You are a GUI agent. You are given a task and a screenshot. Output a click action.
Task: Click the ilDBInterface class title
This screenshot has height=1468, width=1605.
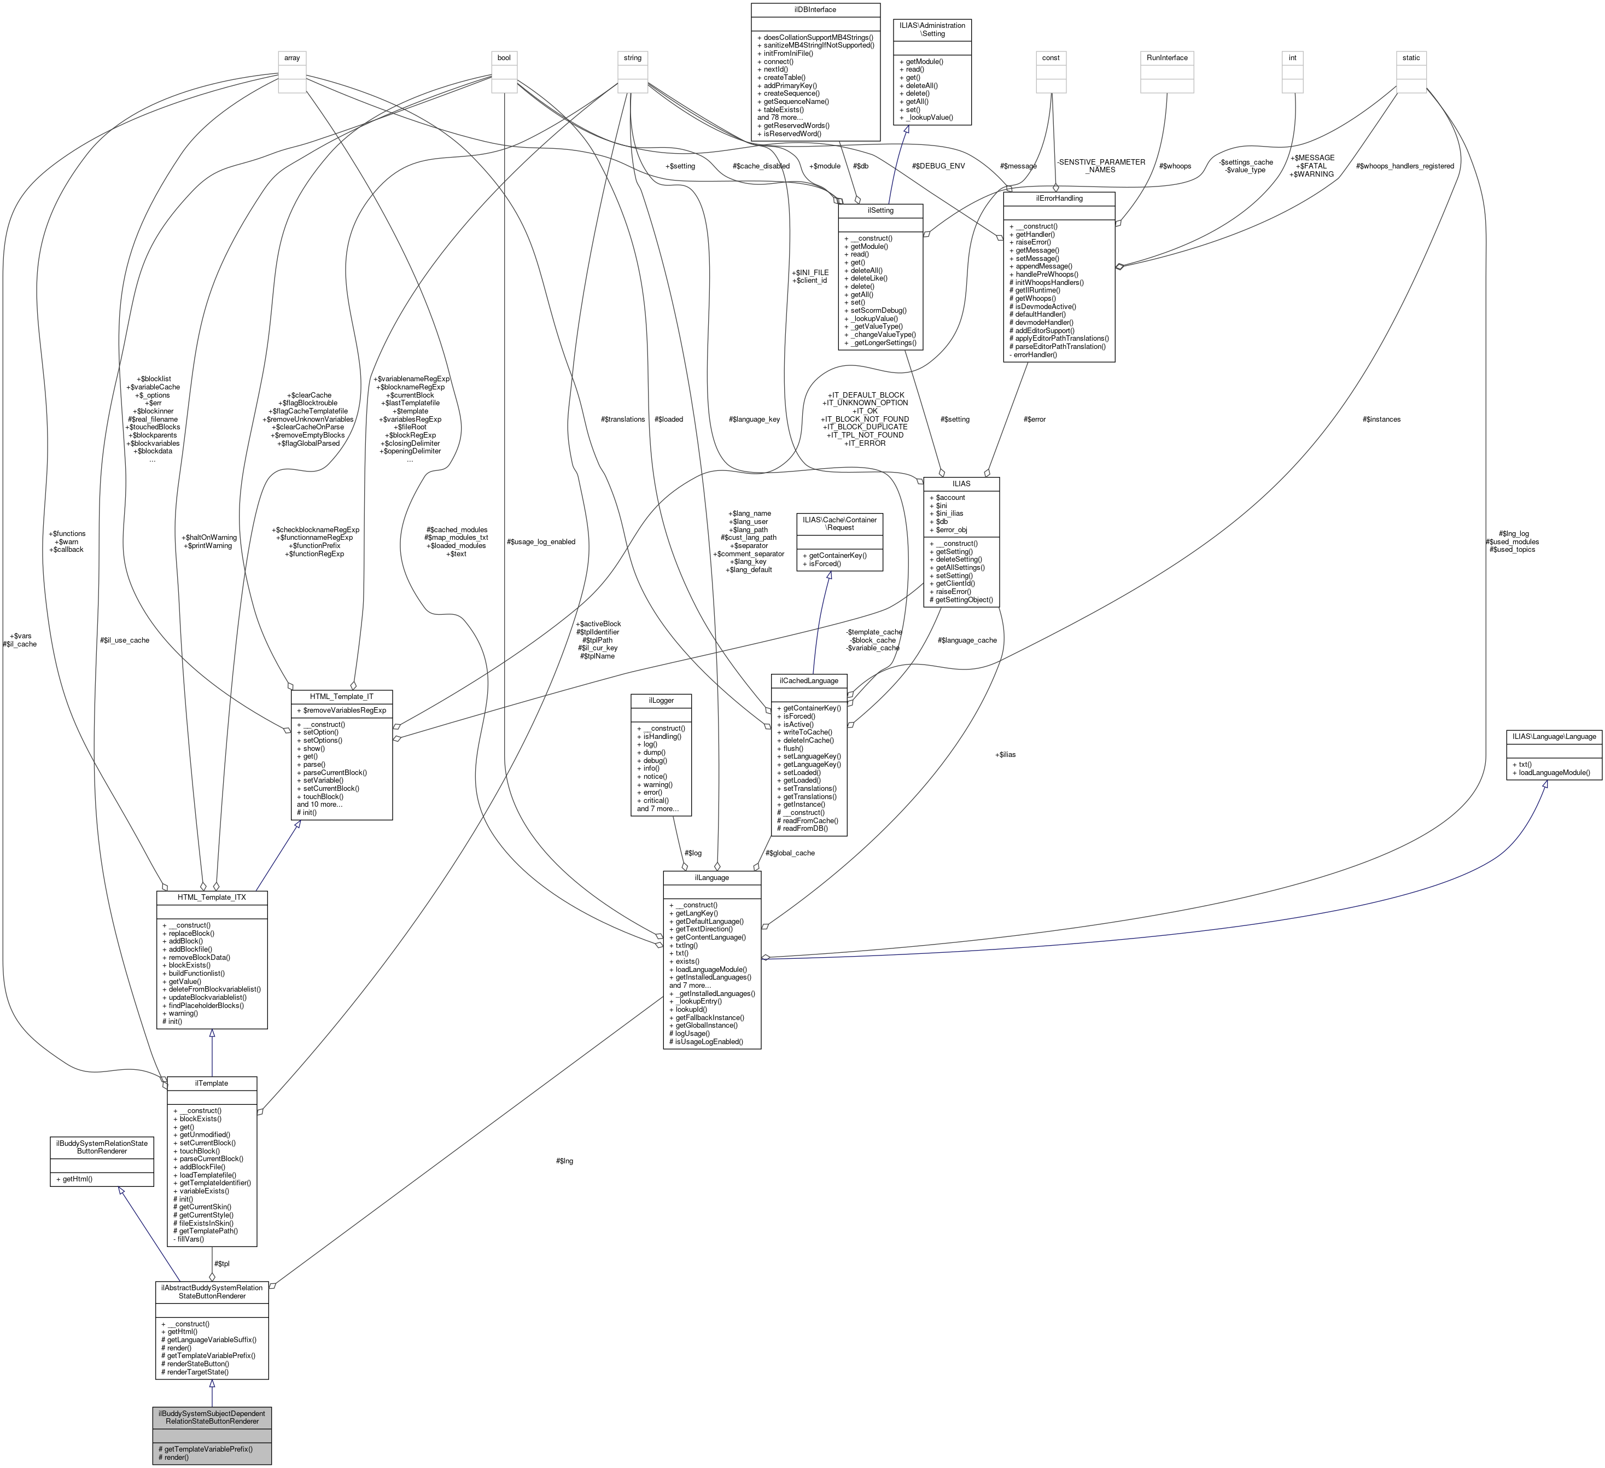coord(816,9)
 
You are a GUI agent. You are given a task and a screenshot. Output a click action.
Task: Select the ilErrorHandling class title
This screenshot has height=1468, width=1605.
coord(1059,198)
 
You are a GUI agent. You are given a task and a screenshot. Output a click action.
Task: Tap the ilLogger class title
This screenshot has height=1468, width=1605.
coord(661,701)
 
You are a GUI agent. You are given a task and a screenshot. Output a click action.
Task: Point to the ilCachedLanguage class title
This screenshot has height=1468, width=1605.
coord(809,680)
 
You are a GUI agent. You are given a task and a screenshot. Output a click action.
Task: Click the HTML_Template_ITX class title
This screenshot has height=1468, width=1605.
coord(212,897)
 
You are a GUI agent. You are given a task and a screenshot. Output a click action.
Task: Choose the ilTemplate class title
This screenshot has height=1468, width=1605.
coord(212,1083)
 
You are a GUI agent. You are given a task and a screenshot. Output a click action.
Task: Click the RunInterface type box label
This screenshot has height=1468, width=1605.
coord(1167,57)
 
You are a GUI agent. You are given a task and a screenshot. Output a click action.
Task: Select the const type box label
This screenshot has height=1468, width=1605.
coord(1052,57)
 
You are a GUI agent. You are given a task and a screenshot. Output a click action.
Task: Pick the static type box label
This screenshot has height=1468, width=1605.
coord(1411,57)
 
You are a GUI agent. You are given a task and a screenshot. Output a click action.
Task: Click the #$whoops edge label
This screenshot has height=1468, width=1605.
coord(1175,166)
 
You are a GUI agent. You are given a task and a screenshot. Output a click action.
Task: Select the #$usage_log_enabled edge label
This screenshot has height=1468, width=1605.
coord(541,541)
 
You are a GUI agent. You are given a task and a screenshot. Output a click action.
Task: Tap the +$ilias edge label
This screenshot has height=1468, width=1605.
coord(1006,754)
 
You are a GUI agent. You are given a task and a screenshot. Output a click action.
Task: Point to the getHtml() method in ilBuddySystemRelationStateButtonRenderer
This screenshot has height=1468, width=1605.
coord(74,1178)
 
